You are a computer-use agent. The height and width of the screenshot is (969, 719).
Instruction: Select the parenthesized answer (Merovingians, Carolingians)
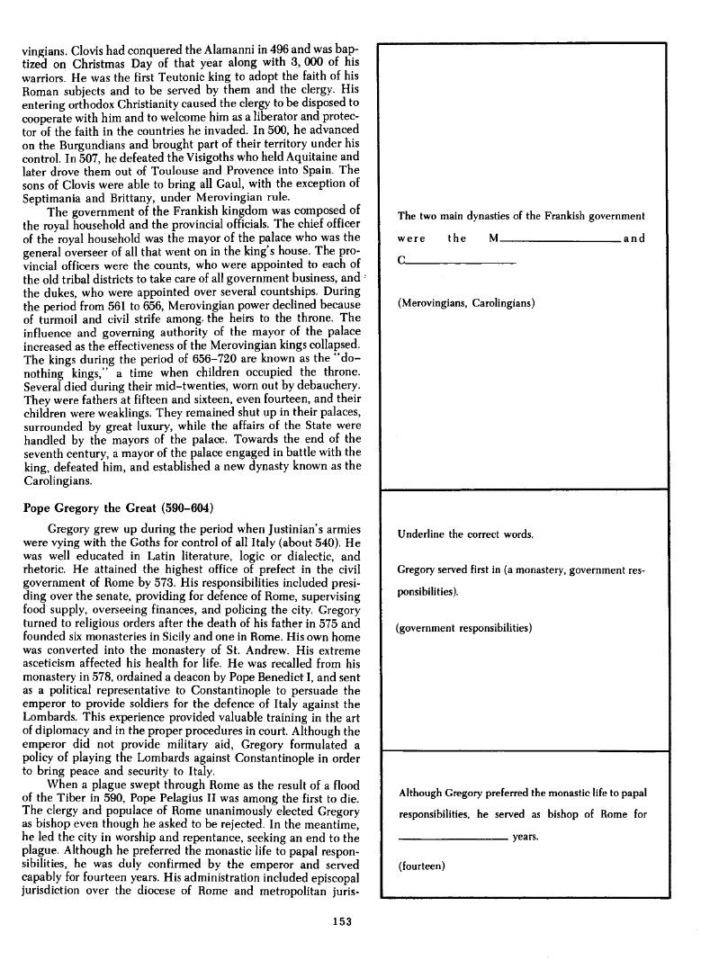pyautogui.click(x=466, y=303)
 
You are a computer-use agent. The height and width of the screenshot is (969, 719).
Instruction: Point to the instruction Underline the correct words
pyautogui.click(x=465, y=534)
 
